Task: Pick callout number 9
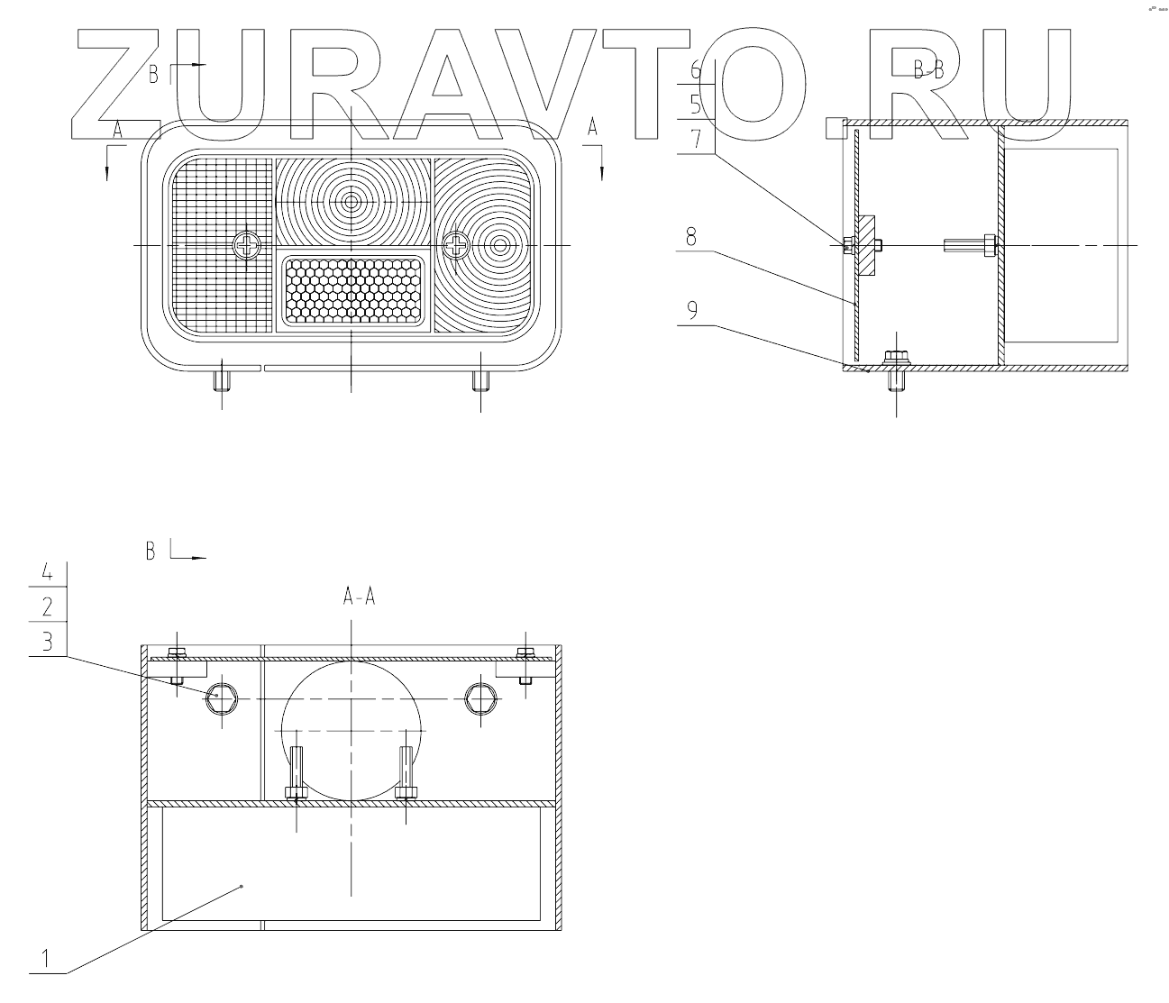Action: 691,310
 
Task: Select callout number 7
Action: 696,138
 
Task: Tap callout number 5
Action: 696,104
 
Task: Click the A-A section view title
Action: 358,596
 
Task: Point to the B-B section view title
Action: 927,71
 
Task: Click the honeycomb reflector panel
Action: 353,290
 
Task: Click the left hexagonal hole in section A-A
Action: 221,698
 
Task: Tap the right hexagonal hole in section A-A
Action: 480,698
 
